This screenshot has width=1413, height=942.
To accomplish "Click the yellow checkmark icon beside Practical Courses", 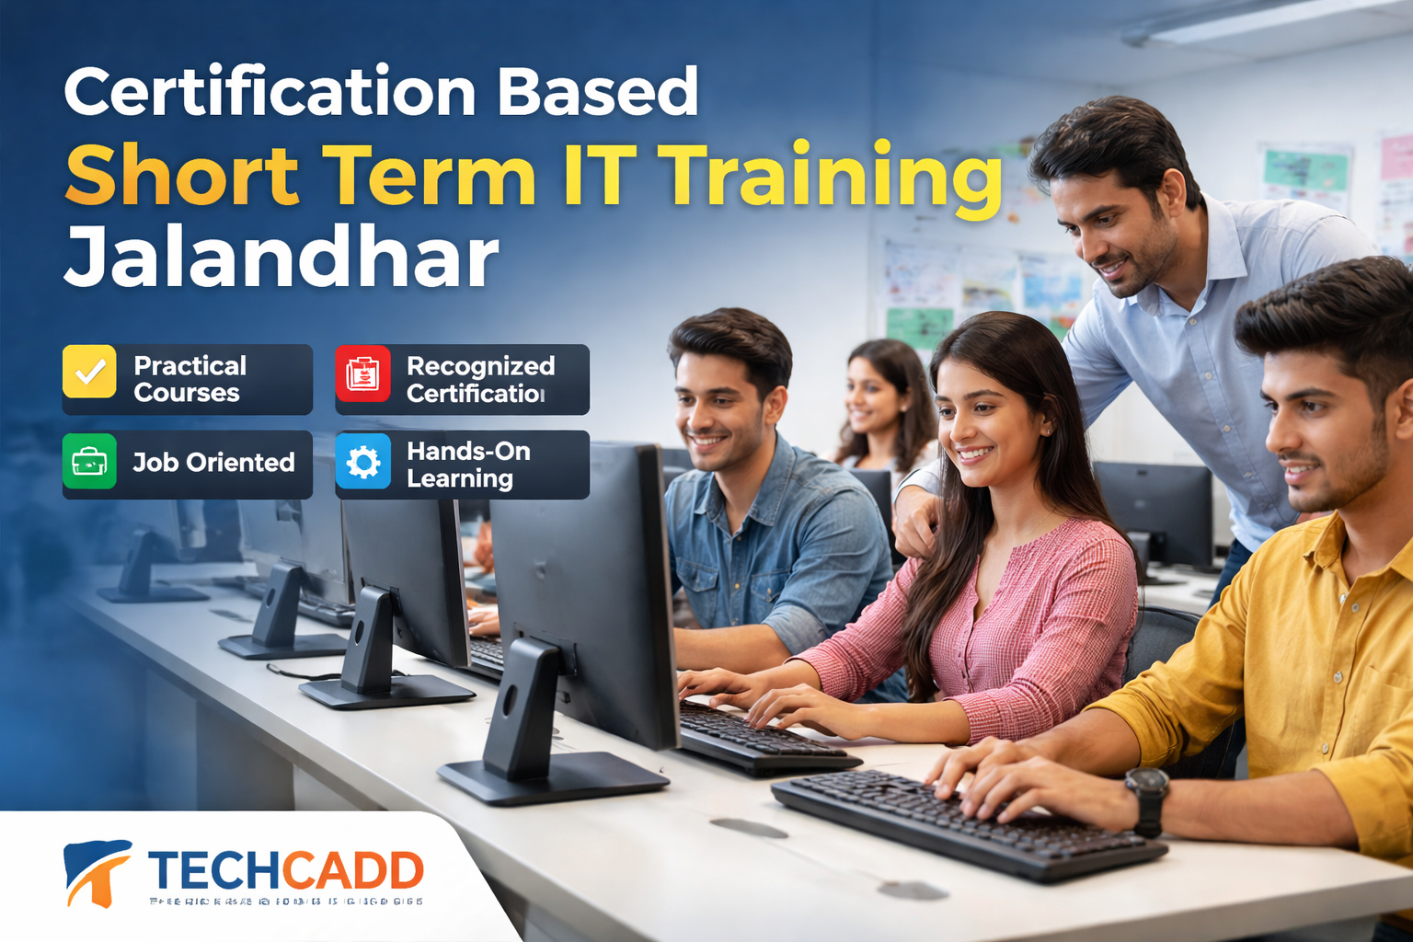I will [x=89, y=372].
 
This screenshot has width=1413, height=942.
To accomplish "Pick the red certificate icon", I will [x=362, y=373].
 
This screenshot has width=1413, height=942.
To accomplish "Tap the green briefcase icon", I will [x=89, y=461].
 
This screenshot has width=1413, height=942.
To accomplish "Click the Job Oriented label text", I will [x=213, y=463].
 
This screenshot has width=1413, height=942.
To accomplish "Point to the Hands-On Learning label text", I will [x=468, y=465].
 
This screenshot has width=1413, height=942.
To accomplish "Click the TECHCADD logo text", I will [x=285, y=869].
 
